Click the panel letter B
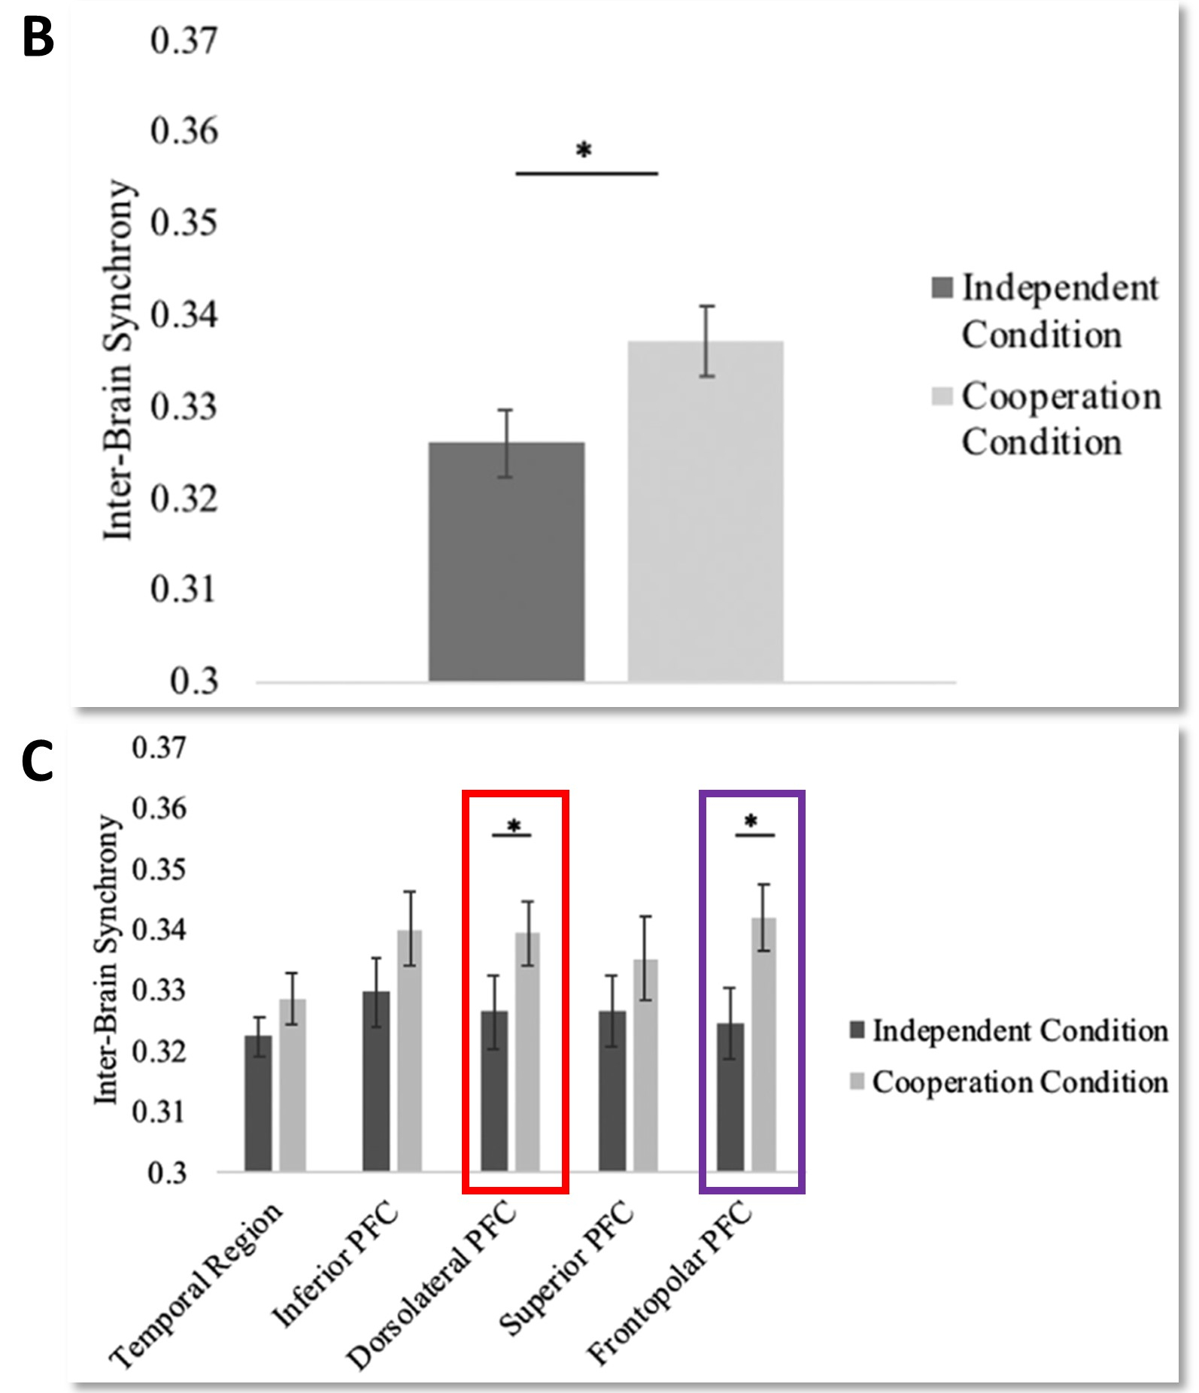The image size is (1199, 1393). click(38, 37)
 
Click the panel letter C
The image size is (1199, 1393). click(38, 761)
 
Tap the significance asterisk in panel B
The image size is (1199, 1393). click(584, 150)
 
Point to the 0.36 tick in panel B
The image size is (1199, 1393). click(184, 131)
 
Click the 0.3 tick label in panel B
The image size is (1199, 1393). click(193, 681)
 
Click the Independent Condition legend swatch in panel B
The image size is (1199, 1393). click(943, 287)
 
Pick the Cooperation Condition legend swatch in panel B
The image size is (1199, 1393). click(943, 396)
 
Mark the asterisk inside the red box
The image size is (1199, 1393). click(513, 826)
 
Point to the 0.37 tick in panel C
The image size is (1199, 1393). click(158, 748)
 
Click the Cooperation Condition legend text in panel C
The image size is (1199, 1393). click(1020, 1082)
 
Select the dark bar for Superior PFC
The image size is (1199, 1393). click(612, 1091)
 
